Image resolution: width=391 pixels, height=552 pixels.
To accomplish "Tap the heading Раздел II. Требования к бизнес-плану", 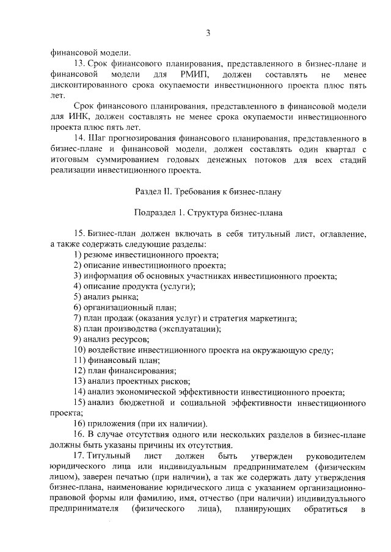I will coord(208,192).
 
